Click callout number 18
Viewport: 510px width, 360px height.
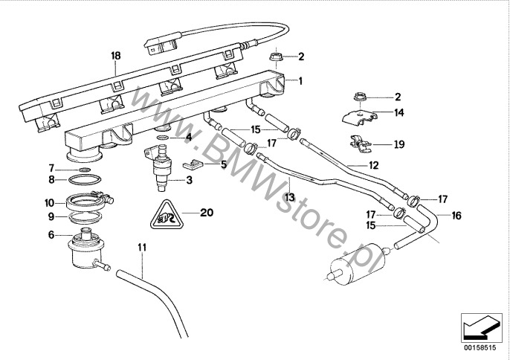tap(115, 56)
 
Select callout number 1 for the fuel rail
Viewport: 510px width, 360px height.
tap(301, 80)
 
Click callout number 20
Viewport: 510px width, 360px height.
tap(207, 213)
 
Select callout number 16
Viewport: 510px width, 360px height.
tap(456, 216)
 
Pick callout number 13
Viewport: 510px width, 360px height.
tap(290, 196)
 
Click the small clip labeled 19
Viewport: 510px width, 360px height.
tap(361, 141)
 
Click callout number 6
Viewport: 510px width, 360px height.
tap(51, 234)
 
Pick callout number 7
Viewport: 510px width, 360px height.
tap(51, 168)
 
